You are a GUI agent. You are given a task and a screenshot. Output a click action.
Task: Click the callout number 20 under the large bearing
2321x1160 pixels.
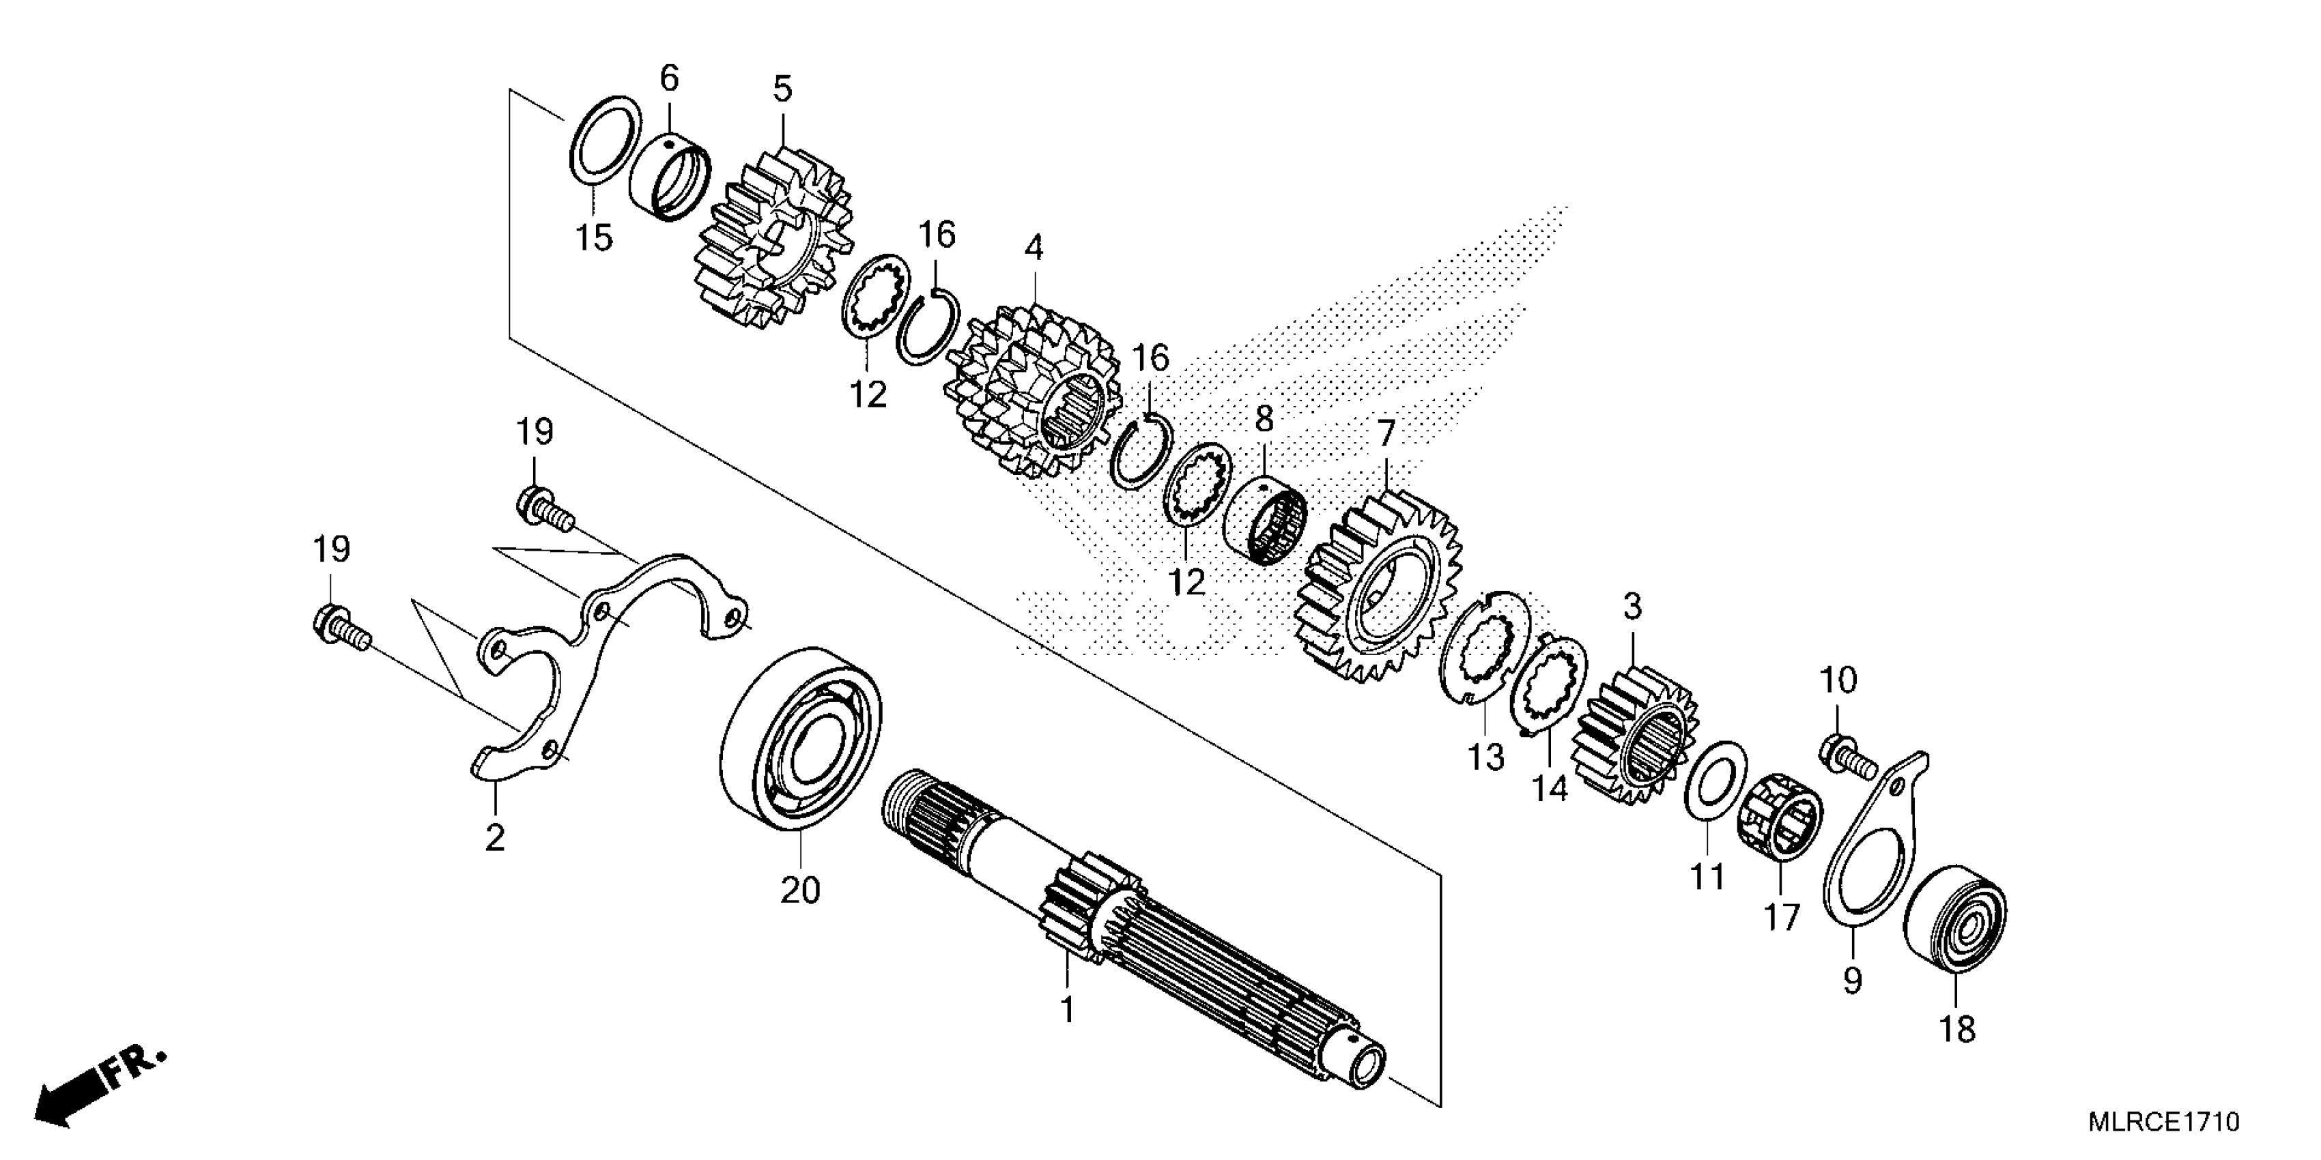[x=800, y=890]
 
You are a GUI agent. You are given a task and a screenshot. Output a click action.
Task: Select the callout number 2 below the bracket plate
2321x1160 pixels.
[x=495, y=837]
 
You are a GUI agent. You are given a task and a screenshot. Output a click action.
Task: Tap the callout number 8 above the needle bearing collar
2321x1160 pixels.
[x=1265, y=419]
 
